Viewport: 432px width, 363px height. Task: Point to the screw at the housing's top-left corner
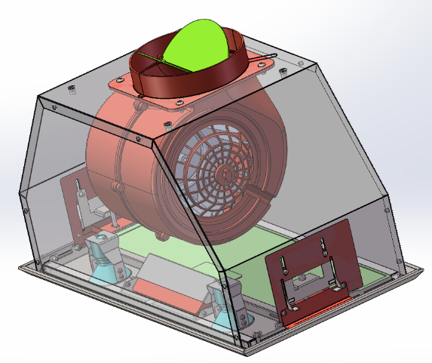[x=71, y=90]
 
